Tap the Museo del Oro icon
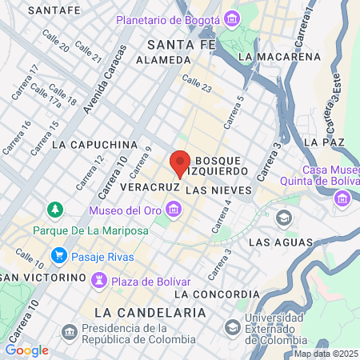pos(174,210)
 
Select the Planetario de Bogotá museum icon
pos(231,18)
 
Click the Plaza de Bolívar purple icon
pos(100,280)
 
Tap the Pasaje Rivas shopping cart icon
pos(58,256)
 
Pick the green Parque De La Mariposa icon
pos(55,210)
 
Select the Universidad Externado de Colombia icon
pos(232,327)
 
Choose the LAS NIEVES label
pos(218,191)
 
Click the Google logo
pos(26,350)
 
